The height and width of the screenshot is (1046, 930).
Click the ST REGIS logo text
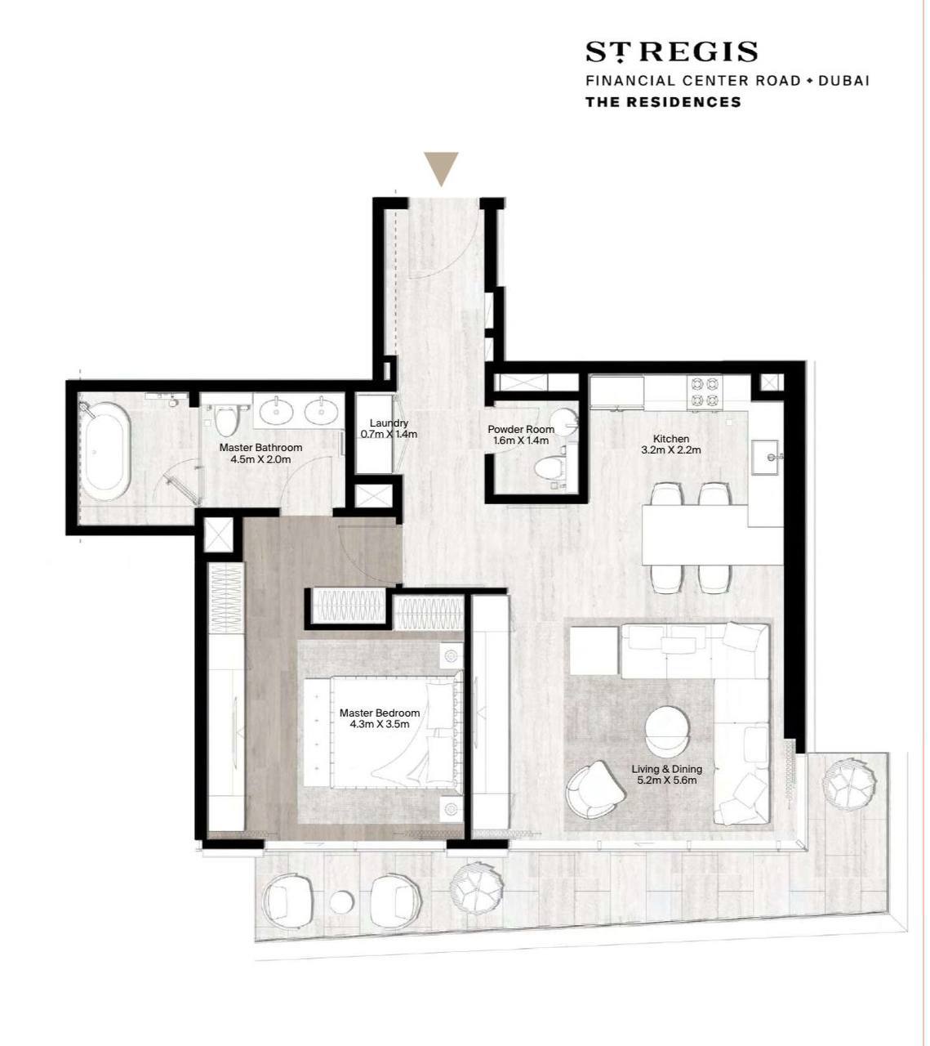(671, 52)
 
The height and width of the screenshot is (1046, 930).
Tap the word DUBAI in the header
(843, 81)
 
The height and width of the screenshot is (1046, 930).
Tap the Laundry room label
(389, 423)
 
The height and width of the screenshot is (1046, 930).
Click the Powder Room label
(521, 429)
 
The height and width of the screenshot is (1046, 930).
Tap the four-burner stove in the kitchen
(705, 392)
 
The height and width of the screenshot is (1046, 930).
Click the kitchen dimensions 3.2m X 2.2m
(671, 449)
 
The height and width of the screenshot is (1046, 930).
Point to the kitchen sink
(767, 457)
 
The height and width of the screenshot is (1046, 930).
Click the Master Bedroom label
(380, 713)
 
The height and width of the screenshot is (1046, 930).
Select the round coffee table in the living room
(667, 730)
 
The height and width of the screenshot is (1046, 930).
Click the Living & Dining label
(667, 769)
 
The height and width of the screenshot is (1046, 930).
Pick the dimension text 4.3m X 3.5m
(380, 724)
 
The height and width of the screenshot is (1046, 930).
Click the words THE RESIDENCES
(663, 101)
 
